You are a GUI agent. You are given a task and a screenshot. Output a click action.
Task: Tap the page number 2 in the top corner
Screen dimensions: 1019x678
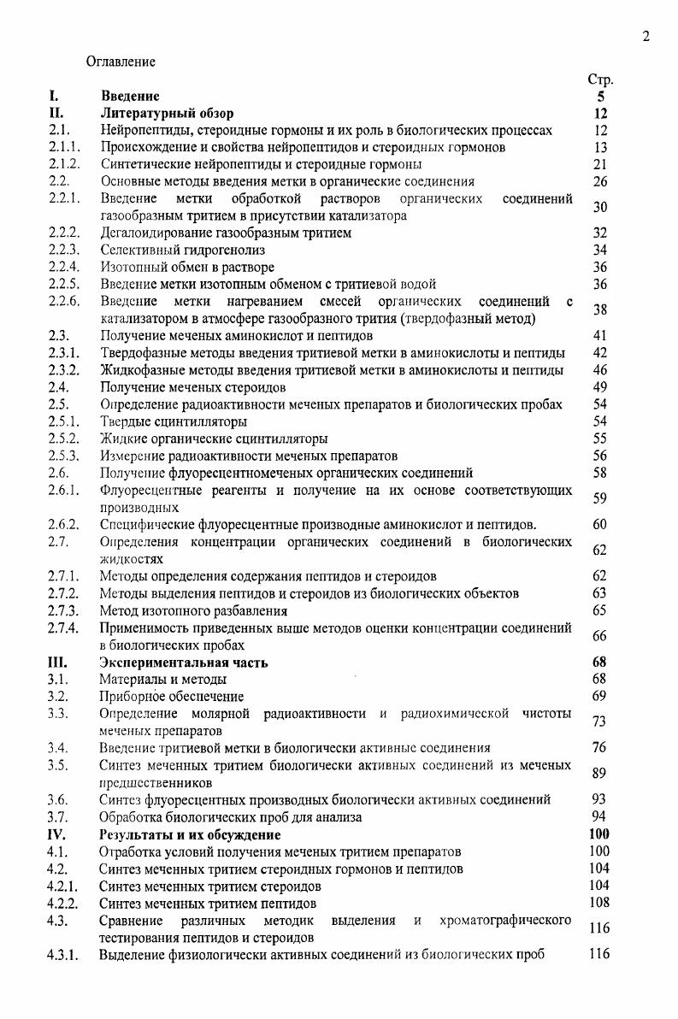(646, 36)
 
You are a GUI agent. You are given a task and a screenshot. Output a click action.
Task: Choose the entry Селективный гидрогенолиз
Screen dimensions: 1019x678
(182, 250)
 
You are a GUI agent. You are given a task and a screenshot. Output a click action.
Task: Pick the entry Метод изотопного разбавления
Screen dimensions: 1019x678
(193, 610)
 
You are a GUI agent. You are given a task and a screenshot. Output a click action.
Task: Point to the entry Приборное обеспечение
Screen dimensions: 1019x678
(172, 697)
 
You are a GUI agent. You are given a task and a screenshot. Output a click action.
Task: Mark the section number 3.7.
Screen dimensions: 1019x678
(57, 816)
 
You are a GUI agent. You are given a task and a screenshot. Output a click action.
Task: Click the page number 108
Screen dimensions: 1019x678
(599, 903)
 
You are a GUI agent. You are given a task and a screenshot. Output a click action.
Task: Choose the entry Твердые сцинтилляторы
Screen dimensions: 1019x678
(174, 421)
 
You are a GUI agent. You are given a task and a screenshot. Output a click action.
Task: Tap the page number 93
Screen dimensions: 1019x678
(599, 799)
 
